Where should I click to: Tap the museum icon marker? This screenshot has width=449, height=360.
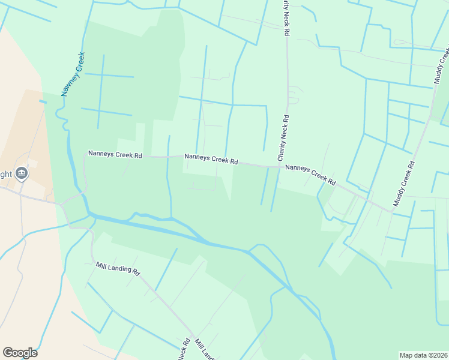pyautogui.click(x=22, y=173)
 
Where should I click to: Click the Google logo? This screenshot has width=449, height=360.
pyautogui.click(x=20, y=353)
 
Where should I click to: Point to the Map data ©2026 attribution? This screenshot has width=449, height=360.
pyautogui.click(x=423, y=355)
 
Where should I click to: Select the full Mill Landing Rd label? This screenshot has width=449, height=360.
pyautogui.click(x=118, y=268)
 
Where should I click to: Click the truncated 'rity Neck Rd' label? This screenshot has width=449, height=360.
pyautogui.click(x=286, y=17)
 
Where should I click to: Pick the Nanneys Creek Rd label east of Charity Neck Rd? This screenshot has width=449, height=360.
pyautogui.click(x=310, y=175)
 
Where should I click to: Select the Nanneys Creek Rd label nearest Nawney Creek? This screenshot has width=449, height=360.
pyautogui.click(x=115, y=154)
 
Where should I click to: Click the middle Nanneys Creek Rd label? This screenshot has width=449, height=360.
pyautogui.click(x=211, y=159)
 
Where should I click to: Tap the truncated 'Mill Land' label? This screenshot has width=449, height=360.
pyautogui.click(x=204, y=350)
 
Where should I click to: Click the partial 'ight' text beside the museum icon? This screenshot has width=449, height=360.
pyautogui.click(x=5, y=174)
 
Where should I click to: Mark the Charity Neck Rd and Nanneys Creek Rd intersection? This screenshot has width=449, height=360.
pyautogui.click(x=280, y=167)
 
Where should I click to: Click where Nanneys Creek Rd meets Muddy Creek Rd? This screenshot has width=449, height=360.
pyautogui.click(x=392, y=211)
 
